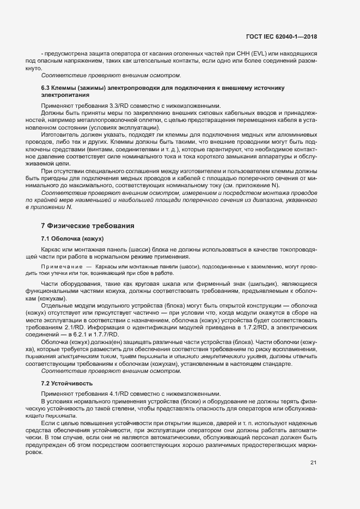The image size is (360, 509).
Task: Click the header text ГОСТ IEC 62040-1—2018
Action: pyautogui.click(x=282, y=36)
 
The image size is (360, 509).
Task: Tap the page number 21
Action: pyautogui.click(x=313, y=463)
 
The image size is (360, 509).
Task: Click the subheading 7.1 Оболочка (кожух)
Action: pyautogui.click(x=72, y=239)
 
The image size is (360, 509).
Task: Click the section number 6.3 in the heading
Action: pyautogui.click(x=46, y=88)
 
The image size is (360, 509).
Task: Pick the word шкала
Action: pyautogui.click(x=179, y=285)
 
